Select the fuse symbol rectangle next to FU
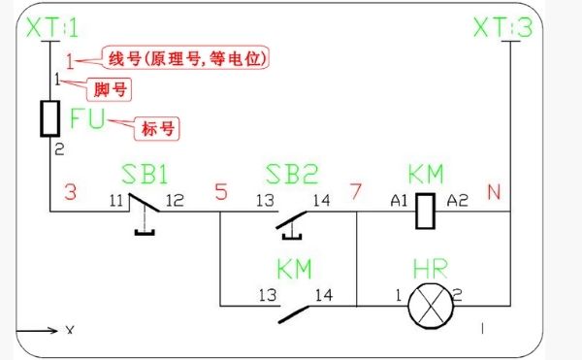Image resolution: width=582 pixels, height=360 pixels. tap(52, 118)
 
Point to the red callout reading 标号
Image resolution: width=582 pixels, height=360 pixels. tap(160, 127)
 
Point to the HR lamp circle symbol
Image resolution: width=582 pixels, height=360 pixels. tap(425, 305)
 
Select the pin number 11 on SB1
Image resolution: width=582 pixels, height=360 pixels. tap(116, 200)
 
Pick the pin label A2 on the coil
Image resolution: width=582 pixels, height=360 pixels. tap(456, 201)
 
